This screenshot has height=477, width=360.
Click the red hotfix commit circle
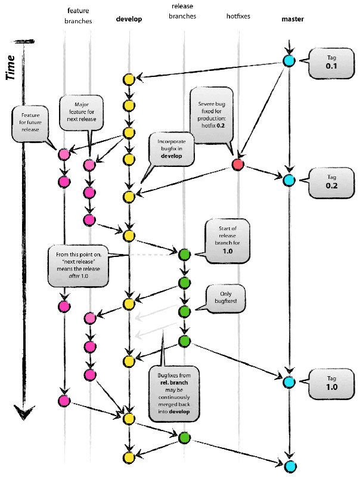click(238, 165)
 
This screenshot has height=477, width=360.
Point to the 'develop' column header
click(129, 20)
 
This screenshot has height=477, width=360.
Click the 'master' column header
click(292, 20)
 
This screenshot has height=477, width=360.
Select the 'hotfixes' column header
click(237, 17)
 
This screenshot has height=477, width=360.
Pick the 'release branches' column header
click(183, 12)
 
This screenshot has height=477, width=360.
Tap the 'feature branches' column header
click(78, 16)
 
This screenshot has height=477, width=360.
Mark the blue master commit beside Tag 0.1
click(288, 61)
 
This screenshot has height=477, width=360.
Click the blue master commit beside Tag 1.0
click(288, 382)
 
